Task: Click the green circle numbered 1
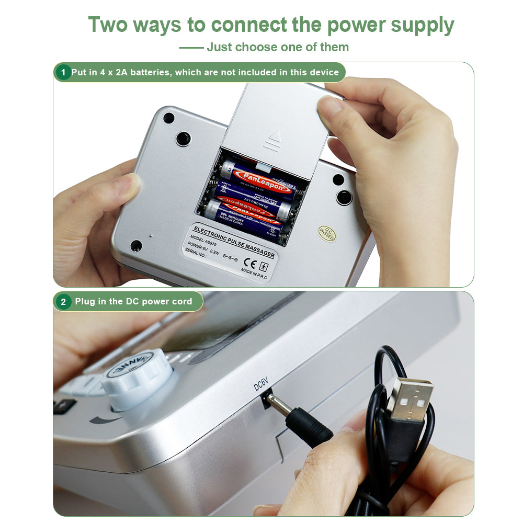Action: pos(63,72)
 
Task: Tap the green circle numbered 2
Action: pos(63,302)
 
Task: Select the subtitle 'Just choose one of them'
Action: pos(277,47)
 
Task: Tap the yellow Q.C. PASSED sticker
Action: pos(327,234)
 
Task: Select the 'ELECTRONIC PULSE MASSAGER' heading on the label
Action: pos(234,241)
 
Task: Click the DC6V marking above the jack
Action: pos(260,386)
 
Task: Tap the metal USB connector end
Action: pos(411,399)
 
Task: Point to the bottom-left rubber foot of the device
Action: pos(136,245)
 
